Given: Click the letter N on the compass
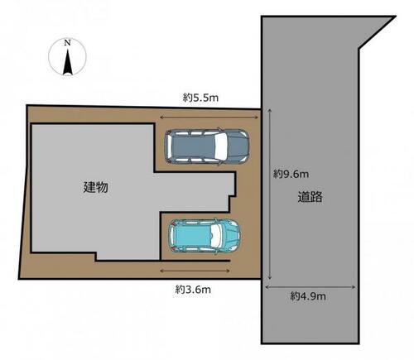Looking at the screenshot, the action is click(x=67, y=43).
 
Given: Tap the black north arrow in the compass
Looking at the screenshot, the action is click(x=68, y=62).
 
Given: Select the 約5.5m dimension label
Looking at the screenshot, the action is click(x=200, y=98).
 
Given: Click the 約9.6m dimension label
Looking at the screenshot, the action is click(x=291, y=174).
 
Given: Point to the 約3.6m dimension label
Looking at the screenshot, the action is click(x=193, y=290).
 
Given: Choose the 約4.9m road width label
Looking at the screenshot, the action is click(x=308, y=296).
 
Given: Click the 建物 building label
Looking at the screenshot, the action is click(x=96, y=187).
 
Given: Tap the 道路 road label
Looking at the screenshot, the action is click(x=310, y=197).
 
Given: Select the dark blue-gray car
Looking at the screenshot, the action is click(x=207, y=146).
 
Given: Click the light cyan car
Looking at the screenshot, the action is click(x=205, y=236).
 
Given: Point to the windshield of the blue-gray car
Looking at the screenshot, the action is click(x=221, y=146).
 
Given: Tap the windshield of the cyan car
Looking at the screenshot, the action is click(x=217, y=236).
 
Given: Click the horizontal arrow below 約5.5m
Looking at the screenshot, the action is click(x=209, y=118).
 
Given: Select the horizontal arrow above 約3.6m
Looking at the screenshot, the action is click(x=195, y=271).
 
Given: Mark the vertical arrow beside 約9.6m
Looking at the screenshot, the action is click(x=270, y=194).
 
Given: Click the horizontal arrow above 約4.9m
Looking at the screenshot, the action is click(x=310, y=287).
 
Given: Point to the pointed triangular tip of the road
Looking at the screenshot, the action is click(x=395, y=17).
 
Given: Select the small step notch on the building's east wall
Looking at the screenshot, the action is click(x=233, y=204).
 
